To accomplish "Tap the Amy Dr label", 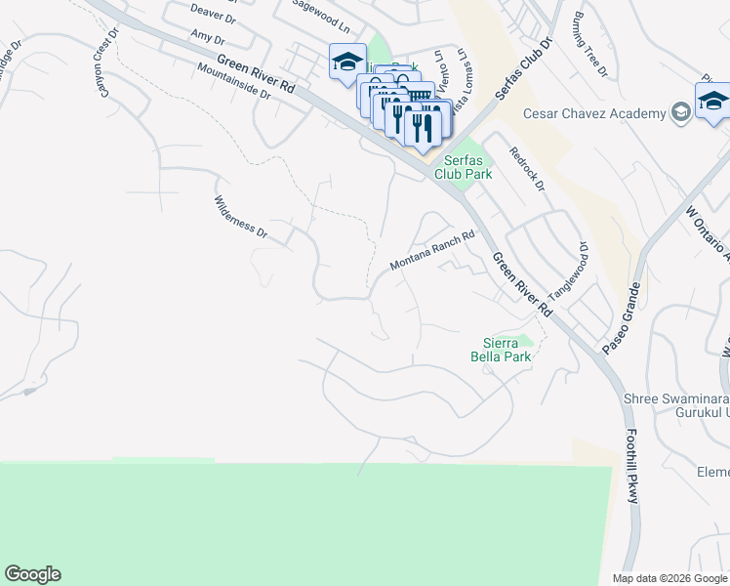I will click(x=208, y=39).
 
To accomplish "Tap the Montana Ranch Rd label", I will click(x=431, y=251).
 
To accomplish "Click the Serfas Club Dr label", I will click(x=518, y=74).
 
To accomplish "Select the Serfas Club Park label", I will click(x=467, y=167).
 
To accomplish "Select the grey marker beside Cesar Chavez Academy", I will click(x=681, y=114).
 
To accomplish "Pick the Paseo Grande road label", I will click(x=621, y=318).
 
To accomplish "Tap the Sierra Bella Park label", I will click(x=508, y=350).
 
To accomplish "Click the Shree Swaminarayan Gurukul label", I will click(x=675, y=405).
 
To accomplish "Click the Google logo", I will click(x=32, y=574).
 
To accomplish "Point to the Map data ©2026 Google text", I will click(x=669, y=578).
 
